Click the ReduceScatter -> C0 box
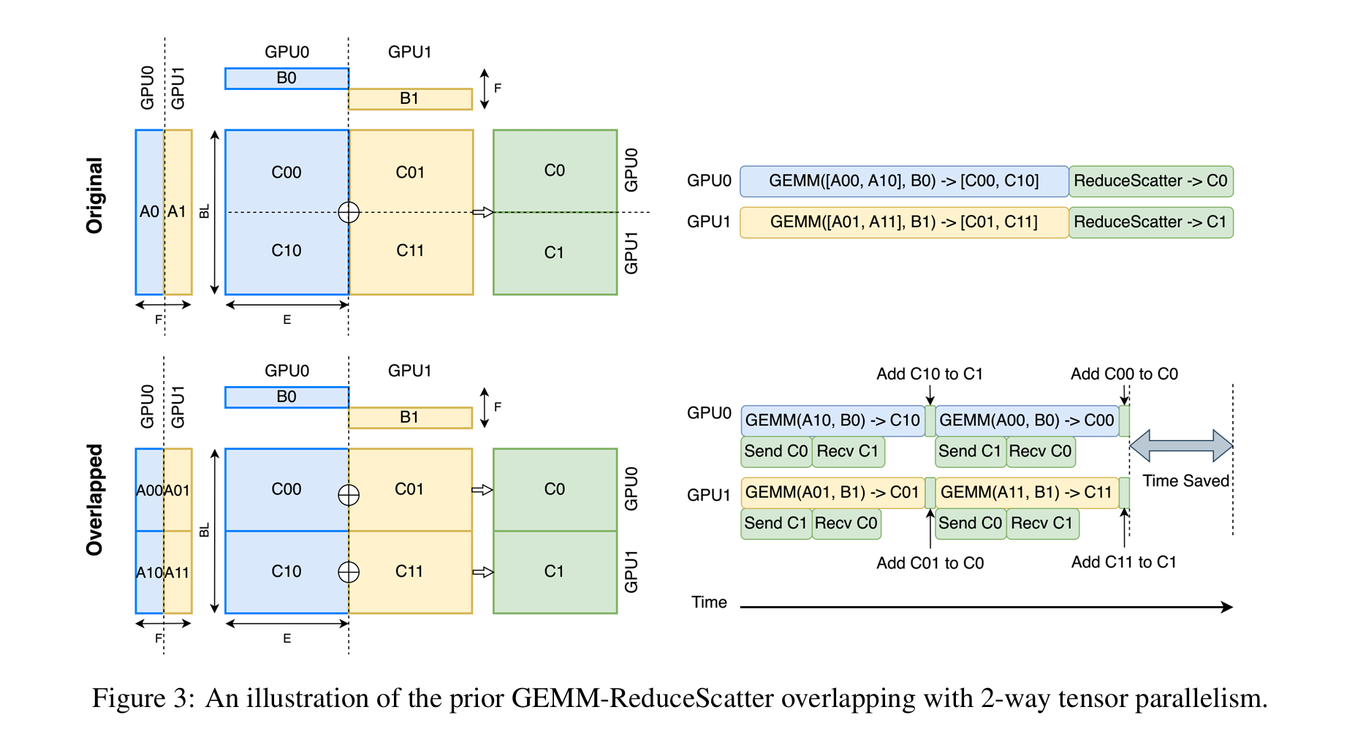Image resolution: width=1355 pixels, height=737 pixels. pyautogui.click(x=1150, y=181)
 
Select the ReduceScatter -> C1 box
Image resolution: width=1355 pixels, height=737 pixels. pyautogui.click(x=1150, y=222)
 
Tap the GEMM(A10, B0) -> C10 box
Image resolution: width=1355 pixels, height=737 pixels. pyautogui.click(x=832, y=420)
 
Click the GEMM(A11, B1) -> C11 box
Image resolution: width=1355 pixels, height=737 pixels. pyautogui.click(x=1026, y=492)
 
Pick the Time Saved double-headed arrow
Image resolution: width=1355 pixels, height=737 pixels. pyautogui.click(x=1181, y=445)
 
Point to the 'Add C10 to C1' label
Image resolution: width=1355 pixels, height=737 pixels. pyautogui.click(x=930, y=374)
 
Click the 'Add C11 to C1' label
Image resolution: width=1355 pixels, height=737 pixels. pyautogui.click(x=1123, y=562)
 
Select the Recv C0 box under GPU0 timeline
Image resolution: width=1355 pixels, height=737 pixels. pyautogui.click(x=1040, y=451)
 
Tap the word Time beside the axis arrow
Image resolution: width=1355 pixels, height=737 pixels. pyautogui.click(x=709, y=602)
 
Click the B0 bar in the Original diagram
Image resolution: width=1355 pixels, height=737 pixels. pyautogui.click(x=286, y=78)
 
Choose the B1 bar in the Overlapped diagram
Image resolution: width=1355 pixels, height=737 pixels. pyautogui.click(x=409, y=417)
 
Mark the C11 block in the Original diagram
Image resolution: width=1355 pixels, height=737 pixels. pyautogui.click(x=410, y=251)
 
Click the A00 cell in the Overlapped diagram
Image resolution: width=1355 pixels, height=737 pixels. pyautogui.click(x=149, y=490)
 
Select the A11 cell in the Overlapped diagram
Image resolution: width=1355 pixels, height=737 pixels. pyautogui.click(x=177, y=572)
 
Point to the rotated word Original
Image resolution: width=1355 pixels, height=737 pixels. pyautogui.click(x=94, y=195)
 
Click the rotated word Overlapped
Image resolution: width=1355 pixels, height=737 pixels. pyautogui.click(x=94, y=500)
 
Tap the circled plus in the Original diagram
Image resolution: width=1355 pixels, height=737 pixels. pyautogui.click(x=349, y=212)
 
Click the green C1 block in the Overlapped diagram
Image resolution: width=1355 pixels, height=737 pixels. pyautogui.click(x=555, y=572)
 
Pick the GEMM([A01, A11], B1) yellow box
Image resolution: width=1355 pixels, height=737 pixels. pyautogui.click(x=903, y=222)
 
